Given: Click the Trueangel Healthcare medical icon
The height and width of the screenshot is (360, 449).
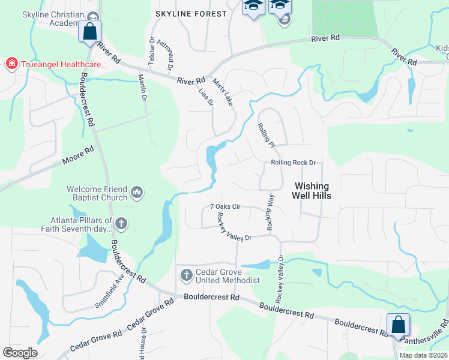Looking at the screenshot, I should (11, 63).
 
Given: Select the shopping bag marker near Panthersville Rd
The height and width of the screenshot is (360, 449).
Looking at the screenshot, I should (398, 325).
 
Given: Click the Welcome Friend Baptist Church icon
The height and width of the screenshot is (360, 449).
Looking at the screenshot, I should (136, 192).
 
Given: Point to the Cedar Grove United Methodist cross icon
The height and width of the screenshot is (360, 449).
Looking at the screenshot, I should (186, 275).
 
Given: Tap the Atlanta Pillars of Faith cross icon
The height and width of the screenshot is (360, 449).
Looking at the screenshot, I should (121, 224).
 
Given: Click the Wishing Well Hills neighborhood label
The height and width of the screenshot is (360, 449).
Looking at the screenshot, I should (312, 191).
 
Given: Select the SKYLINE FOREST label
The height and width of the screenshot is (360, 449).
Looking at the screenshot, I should (191, 13).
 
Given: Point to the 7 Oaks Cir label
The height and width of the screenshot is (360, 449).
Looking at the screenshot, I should (225, 206).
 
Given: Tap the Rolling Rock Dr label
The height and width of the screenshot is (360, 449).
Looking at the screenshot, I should (292, 163).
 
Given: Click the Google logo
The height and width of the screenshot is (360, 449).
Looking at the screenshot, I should (20, 352).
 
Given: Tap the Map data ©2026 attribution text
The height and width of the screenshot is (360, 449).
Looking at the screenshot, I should (423, 355).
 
